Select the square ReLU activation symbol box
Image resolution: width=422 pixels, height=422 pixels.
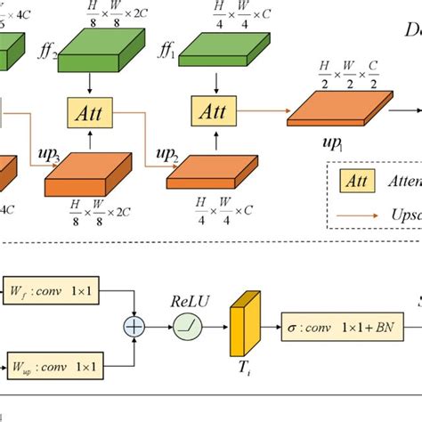[x=186, y=329]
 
